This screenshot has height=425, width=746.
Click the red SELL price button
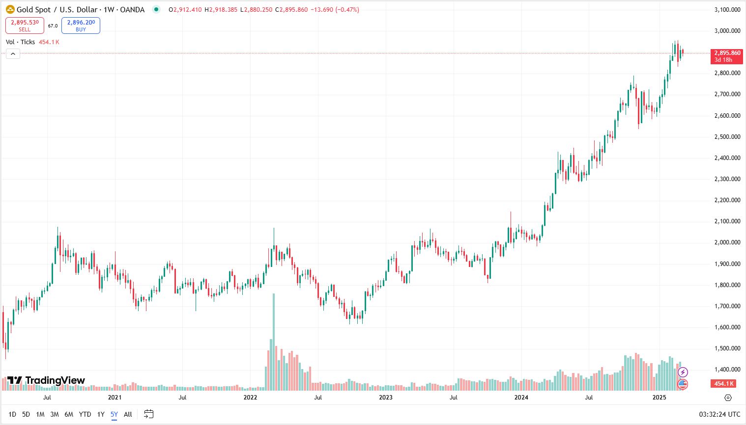click(25, 26)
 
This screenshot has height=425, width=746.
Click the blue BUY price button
click(81, 26)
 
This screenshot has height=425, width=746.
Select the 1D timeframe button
click(12, 414)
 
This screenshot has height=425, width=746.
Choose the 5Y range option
click(114, 414)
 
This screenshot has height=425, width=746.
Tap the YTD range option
click(85, 414)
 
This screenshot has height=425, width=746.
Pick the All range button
click(128, 414)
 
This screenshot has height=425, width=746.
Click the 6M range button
click(69, 414)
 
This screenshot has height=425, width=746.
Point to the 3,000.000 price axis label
click(727, 31)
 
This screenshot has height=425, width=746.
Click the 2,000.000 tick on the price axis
click(727, 242)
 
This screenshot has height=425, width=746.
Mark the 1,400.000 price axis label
click(727, 370)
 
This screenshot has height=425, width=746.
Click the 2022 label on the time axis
click(250, 398)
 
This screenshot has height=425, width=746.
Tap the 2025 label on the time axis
click(659, 398)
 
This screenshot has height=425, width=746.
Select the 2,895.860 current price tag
click(727, 56)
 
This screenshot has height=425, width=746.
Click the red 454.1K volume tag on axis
click(723, 384)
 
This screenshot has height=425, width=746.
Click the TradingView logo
click(46, 380)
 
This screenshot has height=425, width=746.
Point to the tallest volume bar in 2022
click(274, 344)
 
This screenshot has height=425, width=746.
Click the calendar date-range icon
click(148, 414)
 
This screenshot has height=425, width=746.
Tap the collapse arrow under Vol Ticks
click(13, 54)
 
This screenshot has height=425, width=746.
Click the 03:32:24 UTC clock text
click(719, 415)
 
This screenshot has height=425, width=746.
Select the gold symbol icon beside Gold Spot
click(10, 9)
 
